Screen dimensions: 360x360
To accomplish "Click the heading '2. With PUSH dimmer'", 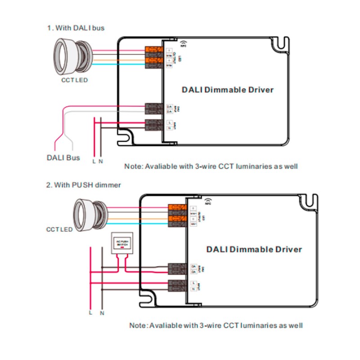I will point(84,185).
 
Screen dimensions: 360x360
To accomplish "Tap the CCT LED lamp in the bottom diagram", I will point(90,211).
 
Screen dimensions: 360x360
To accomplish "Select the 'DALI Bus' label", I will point(63,157).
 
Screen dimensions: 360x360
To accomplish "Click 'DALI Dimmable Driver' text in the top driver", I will point(228,90).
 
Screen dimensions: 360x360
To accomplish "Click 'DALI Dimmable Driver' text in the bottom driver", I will point(254,249).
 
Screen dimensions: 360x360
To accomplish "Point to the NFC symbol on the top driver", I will point(184,43).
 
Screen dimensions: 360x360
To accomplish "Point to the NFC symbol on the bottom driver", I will point(208,200).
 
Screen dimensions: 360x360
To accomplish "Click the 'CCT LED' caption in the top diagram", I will point(74,81).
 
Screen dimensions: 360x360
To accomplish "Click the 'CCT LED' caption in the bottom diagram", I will point(59,229).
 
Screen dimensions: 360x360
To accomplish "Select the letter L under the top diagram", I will point(94,161).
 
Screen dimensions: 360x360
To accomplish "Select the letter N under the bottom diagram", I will point(103,312).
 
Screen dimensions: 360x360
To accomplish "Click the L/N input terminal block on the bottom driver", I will point(177,285).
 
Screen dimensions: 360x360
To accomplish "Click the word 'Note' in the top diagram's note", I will point(133,166).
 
